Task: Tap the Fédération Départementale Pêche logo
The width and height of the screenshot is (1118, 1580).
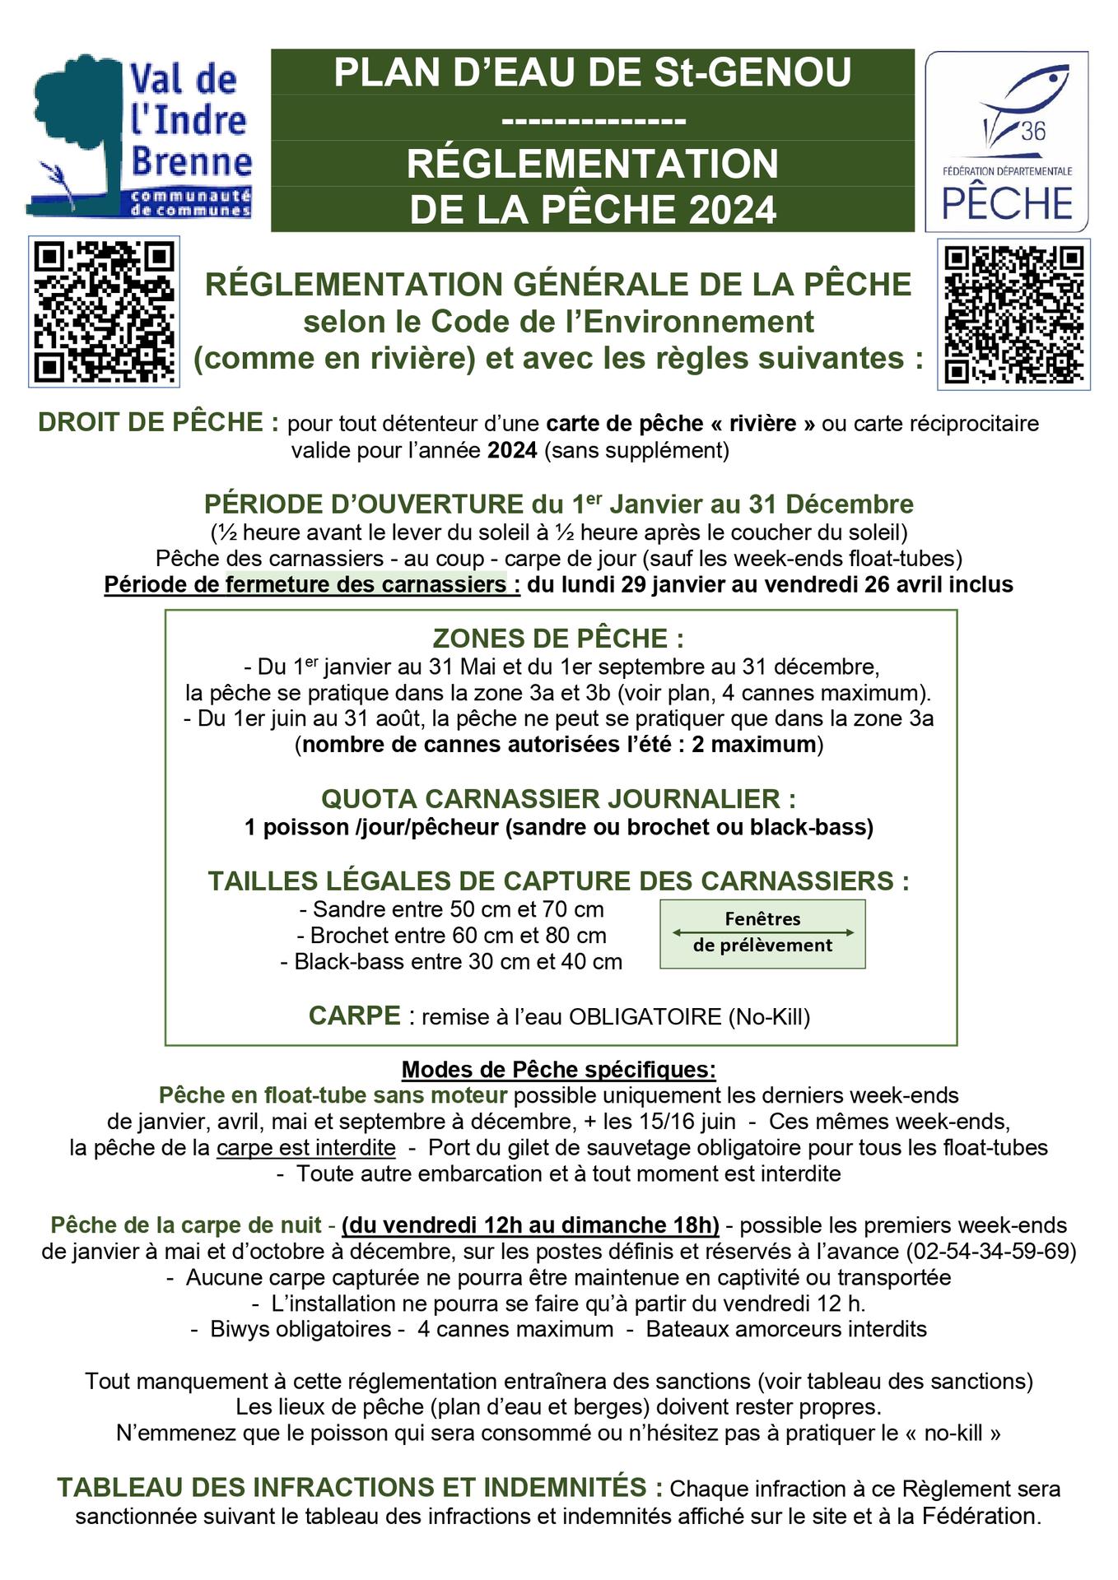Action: tap(1006, 141)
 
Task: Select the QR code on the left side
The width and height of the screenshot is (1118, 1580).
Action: tap(104, 312)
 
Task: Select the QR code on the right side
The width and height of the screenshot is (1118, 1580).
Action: tap(1013, 314)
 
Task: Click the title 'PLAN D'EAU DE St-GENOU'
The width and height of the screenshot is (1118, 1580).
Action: tap(592, 72)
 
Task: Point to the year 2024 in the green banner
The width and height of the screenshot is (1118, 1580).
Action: tap(733, 210)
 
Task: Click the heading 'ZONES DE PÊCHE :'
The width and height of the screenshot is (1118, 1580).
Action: tap(558, 639)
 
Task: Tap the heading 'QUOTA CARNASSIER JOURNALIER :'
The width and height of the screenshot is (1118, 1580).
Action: tap(558, 799)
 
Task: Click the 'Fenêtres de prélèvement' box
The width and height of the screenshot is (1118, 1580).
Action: tap(762, 933)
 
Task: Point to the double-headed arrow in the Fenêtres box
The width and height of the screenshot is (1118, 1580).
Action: tap(762, 932)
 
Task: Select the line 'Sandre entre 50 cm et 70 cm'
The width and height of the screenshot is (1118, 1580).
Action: tap(450, 909)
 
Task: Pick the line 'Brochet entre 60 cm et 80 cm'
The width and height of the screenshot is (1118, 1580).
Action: tap(451, 936)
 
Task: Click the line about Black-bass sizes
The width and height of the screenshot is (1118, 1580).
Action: tap(451, 962)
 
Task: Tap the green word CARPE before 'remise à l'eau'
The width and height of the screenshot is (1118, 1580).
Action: tap(354, 1016)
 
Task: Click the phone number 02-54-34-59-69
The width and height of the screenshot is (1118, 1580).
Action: tap(991, 1252)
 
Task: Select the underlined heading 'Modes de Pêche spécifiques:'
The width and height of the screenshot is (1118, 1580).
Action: tap(558, 1070)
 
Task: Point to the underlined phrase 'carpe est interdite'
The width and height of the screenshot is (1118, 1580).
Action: tap(305, 1148)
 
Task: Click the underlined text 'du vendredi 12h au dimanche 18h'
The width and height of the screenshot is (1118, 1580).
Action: tap(530, 1225)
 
